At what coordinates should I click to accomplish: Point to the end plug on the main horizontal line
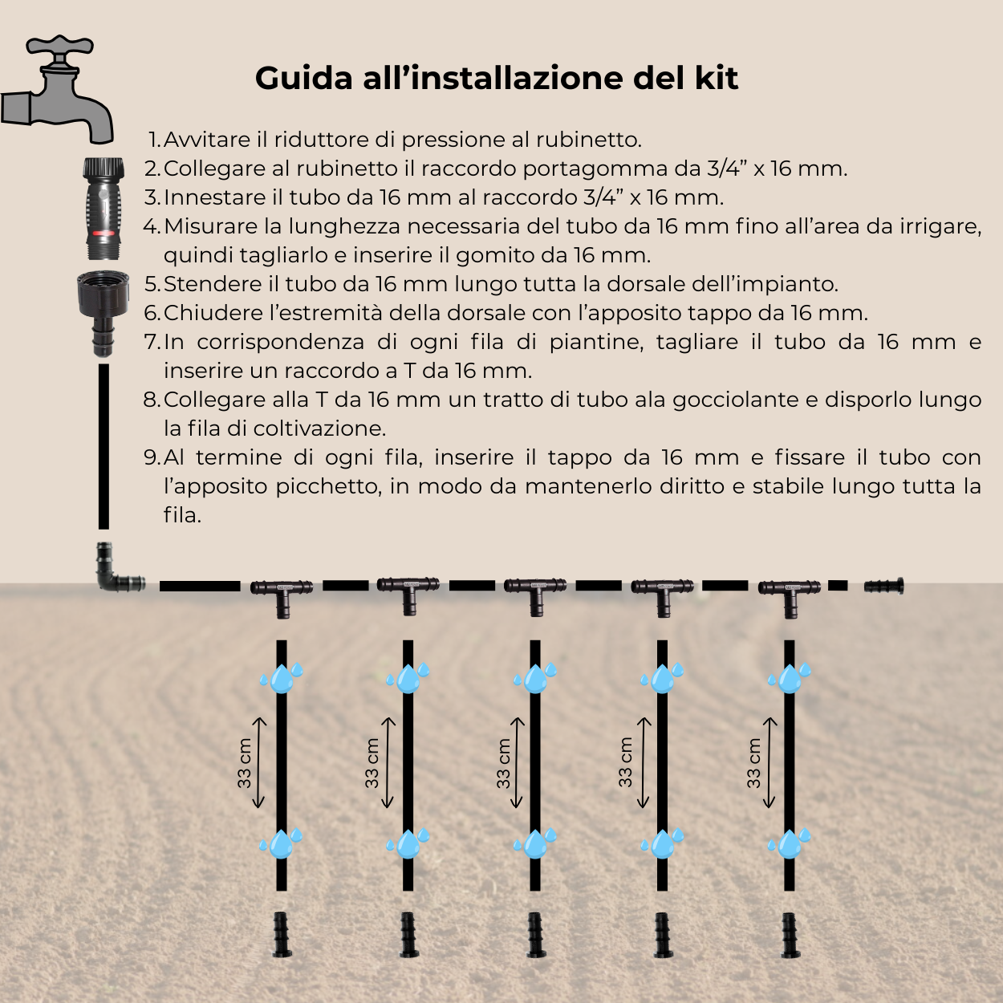click(x=884, y=586)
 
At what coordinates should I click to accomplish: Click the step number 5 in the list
click(x=152, y=284)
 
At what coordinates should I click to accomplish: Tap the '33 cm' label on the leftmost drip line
click(x=245, y=763)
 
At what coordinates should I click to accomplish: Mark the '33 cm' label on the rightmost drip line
click(x=753, y=763)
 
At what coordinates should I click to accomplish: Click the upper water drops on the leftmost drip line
click(x=281, y=678)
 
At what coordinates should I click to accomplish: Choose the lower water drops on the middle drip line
click(x=535, y=843)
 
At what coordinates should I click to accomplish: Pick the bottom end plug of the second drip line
click(x=408, y=935)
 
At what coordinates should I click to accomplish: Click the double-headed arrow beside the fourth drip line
click(x=644, y=762)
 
